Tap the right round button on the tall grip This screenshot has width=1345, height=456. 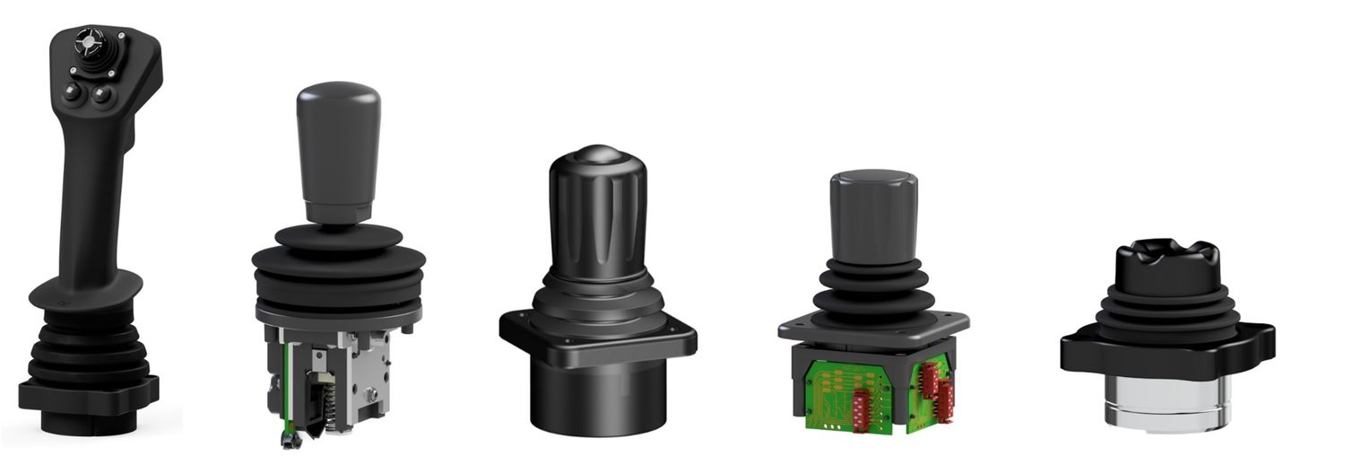[x=101, y=92]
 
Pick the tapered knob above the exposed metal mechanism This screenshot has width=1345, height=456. [x=338, y=148]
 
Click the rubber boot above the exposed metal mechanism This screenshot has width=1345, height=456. [x=338, y=265]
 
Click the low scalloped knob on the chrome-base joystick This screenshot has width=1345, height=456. [x=1167, y=260]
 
